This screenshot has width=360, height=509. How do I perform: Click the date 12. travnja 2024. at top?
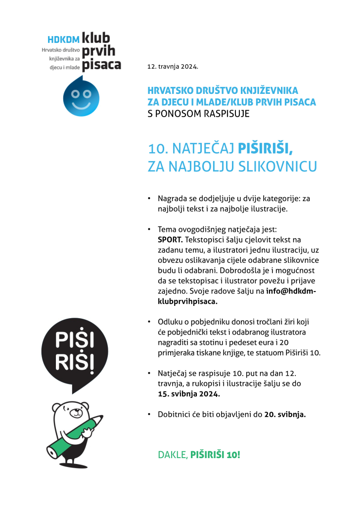(173, 66)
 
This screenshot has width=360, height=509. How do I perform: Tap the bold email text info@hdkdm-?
(291, 291)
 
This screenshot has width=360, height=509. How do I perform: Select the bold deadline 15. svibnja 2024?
(188, 394)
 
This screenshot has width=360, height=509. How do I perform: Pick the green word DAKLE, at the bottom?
(173, 455)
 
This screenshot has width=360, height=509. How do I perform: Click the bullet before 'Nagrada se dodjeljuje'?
(149, 199)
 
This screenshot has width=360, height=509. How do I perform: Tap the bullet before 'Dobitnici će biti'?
(149, 415)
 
